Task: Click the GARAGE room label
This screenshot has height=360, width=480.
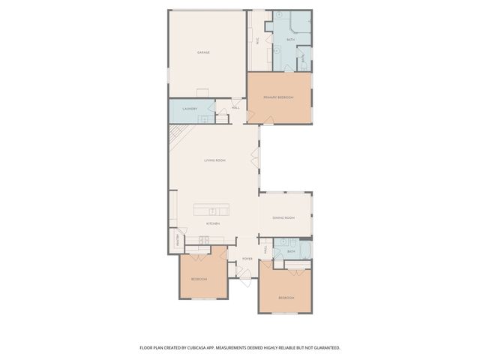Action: click(202, 52)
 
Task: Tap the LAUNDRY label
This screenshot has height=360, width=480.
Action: click(190, 109)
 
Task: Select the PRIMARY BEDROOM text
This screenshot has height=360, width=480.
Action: click(277, 97)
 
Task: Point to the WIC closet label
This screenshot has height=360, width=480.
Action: click(258, 42)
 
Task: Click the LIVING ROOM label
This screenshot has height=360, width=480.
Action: click(215, 160)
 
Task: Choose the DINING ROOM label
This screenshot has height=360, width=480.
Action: click(283, 217)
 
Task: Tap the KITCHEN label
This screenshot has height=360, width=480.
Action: click(213, 223)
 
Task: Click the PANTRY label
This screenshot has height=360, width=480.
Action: click(178, 240)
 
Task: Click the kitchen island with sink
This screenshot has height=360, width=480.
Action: click(214, 210)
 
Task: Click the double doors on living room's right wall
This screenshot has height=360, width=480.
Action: click(257, 159)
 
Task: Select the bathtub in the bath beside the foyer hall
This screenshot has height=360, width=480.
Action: click(305, 250)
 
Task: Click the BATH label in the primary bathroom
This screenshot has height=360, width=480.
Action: click(290, 39)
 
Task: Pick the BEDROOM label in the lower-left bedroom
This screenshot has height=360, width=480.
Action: click(199, 279)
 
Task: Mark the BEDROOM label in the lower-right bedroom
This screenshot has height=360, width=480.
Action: click(286, 298)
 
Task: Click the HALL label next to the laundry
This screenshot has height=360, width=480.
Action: click(235, 109)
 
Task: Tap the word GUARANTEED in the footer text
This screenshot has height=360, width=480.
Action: click(325, 348)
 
